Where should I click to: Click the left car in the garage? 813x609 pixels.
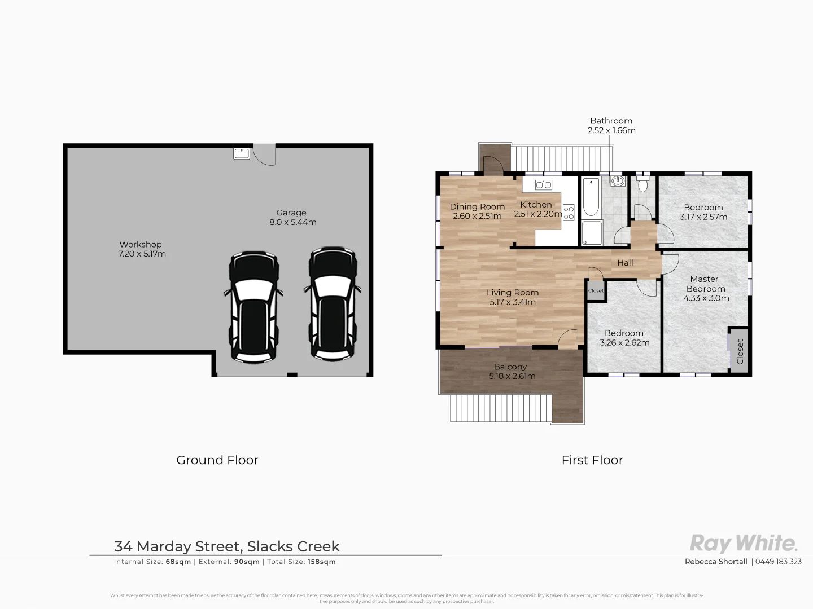coord(253,306)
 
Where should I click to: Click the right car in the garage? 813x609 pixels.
coord(333,303)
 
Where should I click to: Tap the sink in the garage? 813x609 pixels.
coord(242,153)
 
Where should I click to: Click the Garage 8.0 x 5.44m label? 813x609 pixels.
coord(292,217)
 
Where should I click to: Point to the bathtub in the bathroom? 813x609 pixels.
coord(591,197)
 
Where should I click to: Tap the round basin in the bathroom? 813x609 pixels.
coord(618,182)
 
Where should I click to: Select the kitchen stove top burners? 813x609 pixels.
coord(569,213)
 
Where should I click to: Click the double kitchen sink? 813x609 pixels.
coord(543,185)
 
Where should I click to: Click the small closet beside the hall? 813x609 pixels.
coord(596,291)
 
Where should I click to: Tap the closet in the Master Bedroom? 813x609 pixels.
coord(739,351)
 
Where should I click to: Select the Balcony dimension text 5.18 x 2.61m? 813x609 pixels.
coord(512,376)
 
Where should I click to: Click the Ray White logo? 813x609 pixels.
coord(744,543)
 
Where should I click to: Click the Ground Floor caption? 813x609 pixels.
coord(217,460)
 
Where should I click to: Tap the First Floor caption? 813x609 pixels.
coord(592,460)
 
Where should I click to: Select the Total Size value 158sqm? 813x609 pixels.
coord(321,562)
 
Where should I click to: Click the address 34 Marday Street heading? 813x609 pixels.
coord(227,546)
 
